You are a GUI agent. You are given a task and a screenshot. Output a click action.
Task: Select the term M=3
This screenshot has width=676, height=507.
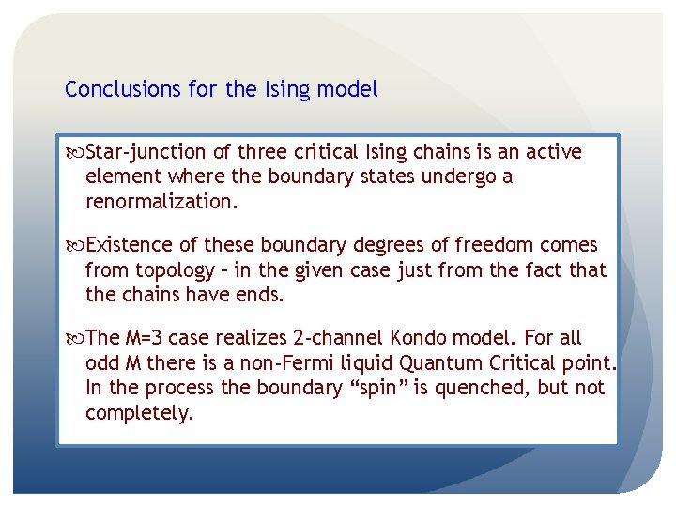click(141, 338)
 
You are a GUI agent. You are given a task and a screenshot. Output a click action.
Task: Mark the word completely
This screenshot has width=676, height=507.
click(139, 413)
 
